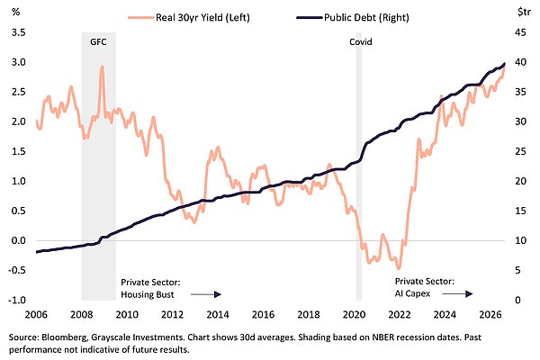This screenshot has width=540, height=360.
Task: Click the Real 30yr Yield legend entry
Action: [x=189, y=17]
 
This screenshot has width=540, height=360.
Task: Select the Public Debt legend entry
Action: [x=352, y=17]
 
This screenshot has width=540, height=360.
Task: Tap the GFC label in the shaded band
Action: [x=98, y=42]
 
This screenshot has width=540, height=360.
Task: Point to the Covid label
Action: [x=361, y=42]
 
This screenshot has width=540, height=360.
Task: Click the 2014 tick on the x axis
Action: [x=218, y=314]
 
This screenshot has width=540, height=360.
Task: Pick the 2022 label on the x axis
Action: [x=399, y=314]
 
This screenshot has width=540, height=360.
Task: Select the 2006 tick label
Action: [x=36, y=314]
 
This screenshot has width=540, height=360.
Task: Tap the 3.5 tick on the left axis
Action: [x=19, y=32]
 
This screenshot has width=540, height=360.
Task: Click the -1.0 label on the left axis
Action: [x=17, y=300]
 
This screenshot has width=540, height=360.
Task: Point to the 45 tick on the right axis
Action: [x=520, y=32]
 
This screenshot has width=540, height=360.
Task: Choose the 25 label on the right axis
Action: [x=520, y=151]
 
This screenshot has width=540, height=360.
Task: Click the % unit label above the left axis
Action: [x=16, y=12]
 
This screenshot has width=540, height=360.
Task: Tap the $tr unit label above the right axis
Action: [x=524, y=12]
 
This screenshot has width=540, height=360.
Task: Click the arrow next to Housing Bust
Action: [x=205, y=294]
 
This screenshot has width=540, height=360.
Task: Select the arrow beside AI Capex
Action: [x=457, y=293]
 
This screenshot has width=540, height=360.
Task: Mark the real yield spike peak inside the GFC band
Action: [x=102, y=67]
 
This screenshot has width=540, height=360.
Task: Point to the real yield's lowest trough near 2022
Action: [x=399, y=268]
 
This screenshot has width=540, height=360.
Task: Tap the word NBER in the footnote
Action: [x=382, y=337]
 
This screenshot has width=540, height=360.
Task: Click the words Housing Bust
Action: [x=148, y=294]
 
